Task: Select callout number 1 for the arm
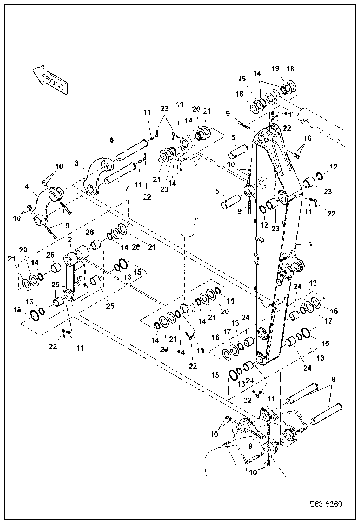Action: pyautogui.click(x=311, y=244)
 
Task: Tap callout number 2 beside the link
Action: pyautogui.click(x=70, y=239)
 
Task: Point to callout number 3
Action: pyautogui.click(x=77, y=163)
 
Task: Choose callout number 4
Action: pyautogui.click(x=27, y=187)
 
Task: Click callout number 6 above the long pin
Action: pyautogui.click(x=112, y=140)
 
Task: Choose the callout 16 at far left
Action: pyautogui.click(x=17, y=310)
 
